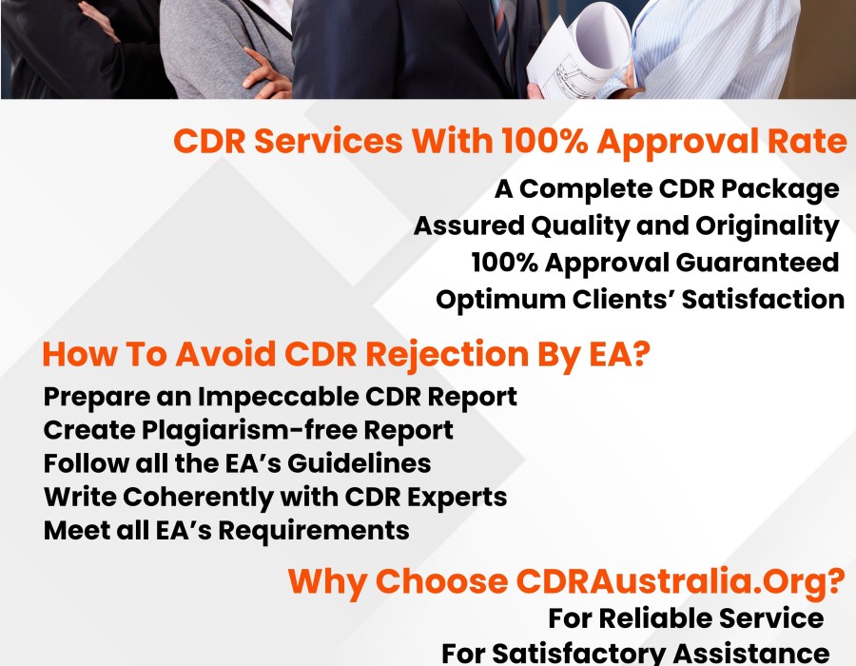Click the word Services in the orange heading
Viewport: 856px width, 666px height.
point(329,141)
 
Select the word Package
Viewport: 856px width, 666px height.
point(781,190)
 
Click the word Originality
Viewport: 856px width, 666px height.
point(767,226)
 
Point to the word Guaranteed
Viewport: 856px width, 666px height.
point(758,263)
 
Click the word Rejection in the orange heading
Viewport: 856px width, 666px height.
point(447,355)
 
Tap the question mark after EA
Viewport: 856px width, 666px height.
point(643,354)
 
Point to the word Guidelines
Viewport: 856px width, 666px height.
point(360,463)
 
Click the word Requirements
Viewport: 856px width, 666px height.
point(314,531)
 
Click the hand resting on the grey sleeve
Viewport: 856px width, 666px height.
point(266,73)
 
